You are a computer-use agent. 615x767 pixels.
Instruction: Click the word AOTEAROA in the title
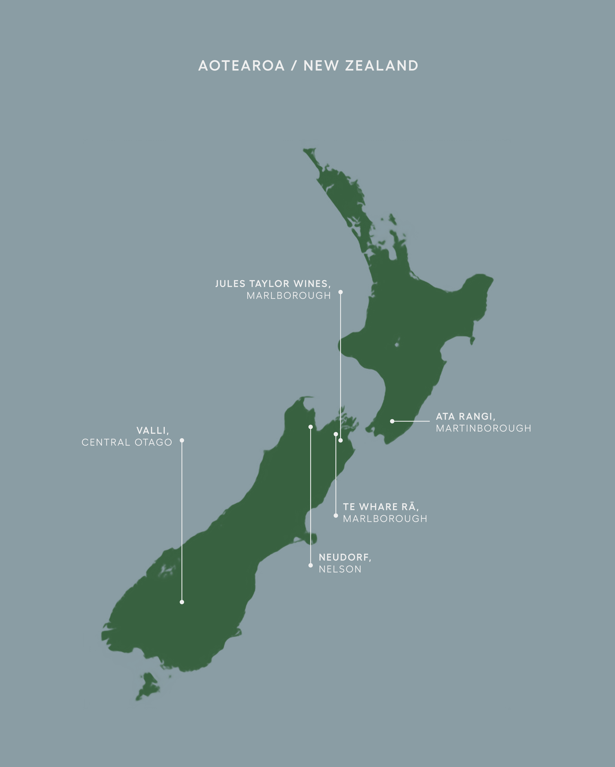(x=241, y=66)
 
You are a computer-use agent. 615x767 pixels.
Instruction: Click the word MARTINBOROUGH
(x=483, y=428)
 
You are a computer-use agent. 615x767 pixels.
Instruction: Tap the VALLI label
(x=152, y=431)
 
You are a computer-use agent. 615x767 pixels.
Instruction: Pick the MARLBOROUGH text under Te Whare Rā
(x=385, y=518)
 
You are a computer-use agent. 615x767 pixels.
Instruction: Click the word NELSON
(x=340, y=569)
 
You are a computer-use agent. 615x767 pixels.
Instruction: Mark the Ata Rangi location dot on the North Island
(x=392, y=421)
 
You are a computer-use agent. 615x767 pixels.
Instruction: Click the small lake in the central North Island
(x=397, y=344)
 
